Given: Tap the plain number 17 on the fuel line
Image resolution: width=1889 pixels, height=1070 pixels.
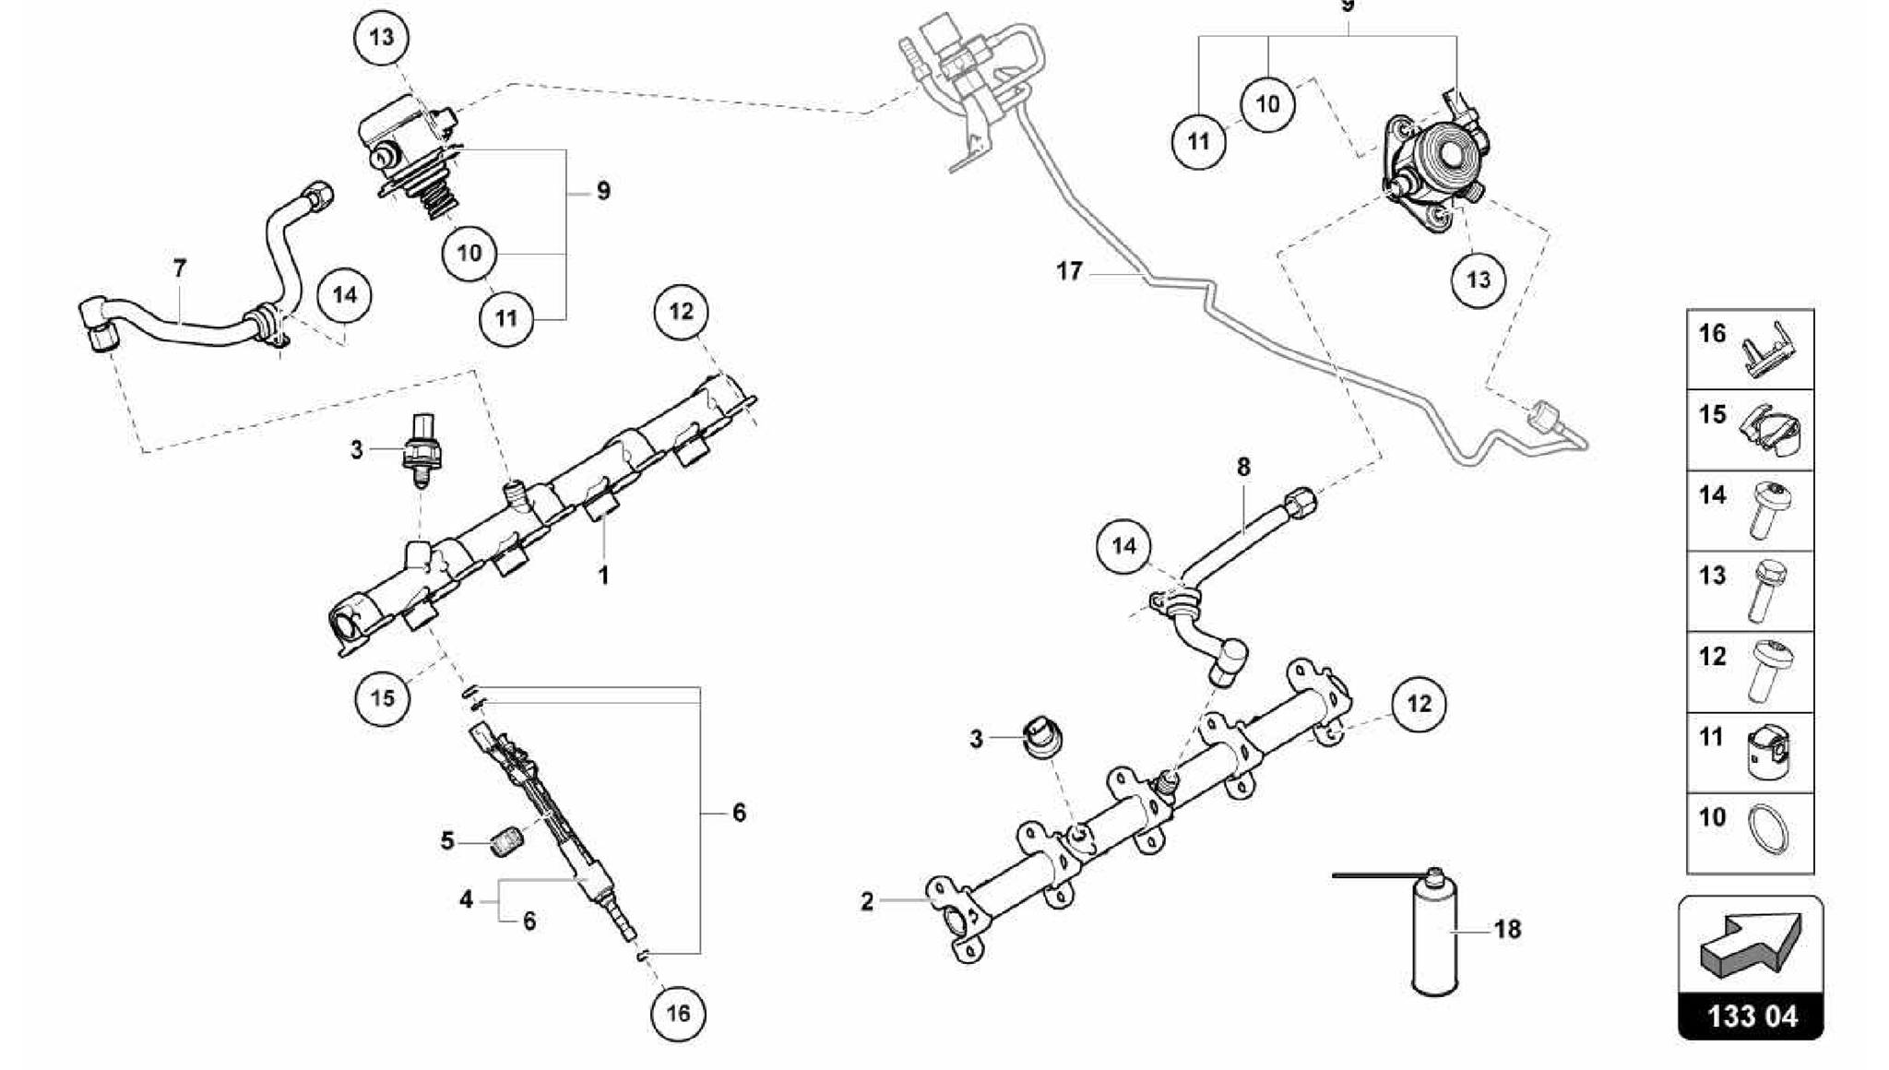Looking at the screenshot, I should coord(1069,271).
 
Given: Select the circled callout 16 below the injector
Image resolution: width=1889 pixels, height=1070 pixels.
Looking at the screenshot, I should coord(678,1013).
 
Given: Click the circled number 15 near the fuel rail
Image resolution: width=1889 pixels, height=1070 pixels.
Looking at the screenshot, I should coord(382,697).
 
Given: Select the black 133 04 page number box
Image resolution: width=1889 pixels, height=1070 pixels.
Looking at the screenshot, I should coord(1751,1016).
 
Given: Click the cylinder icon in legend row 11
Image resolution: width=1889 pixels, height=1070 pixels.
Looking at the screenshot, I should coord(1767,751).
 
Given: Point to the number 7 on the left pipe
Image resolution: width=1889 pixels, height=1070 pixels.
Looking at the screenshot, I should coord(180,268).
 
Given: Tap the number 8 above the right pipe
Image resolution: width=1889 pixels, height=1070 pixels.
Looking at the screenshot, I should coord(1243,467).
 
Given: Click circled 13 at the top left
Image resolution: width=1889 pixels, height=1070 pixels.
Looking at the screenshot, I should coord(381,37).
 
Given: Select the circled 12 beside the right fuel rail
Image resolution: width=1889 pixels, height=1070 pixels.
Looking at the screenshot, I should coord(1419,704).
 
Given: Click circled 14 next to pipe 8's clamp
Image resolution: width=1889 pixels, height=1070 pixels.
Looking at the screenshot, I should coord(1123,546).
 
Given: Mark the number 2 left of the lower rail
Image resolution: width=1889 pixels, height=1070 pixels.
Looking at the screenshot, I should coord(867,901).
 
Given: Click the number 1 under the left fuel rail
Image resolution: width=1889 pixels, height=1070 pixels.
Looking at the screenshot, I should coord(603,576).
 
